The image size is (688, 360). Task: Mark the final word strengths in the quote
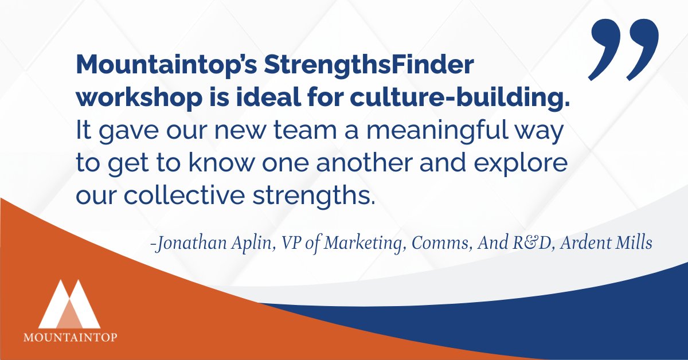[320, 196]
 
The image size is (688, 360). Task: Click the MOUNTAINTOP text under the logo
[70, 337]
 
